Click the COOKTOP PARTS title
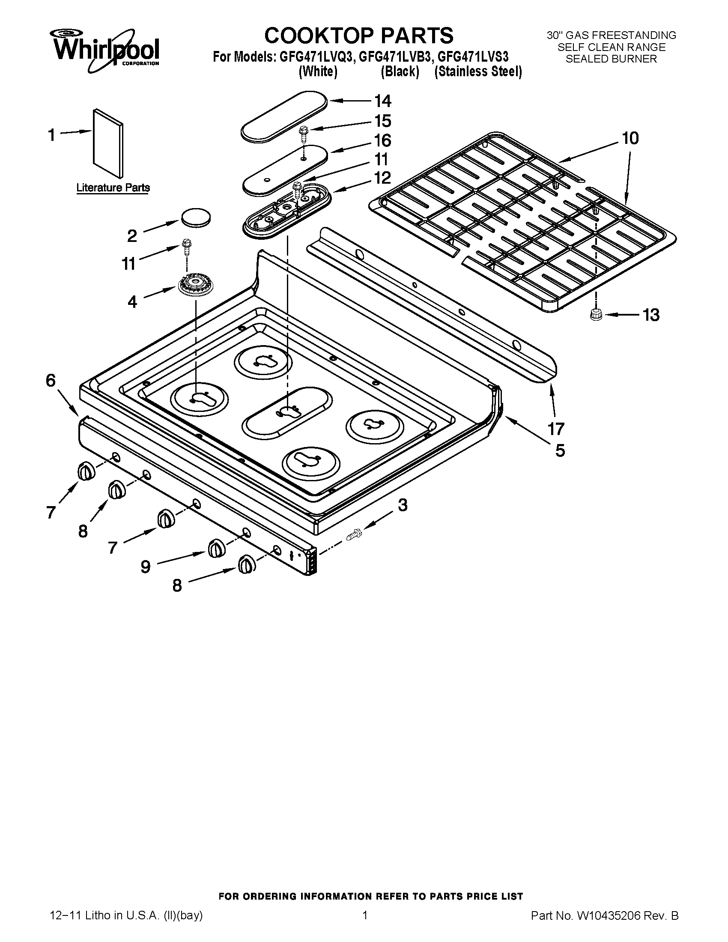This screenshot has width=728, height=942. tap(358, 36)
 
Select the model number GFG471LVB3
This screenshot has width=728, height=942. tap(395, 57)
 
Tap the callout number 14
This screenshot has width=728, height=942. tap(382, 101)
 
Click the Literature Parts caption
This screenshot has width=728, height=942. tap(113, 188)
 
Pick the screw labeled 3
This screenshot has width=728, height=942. tap(354, 534)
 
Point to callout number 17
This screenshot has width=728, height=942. tap(556, 429)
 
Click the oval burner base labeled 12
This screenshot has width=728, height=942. tap(287, 210)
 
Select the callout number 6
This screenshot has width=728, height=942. tap(51, 380)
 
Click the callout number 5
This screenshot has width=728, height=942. tap(560, 450)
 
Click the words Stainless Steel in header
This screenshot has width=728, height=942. tap(478, 72)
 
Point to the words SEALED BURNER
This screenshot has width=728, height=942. tap(611, 59)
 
